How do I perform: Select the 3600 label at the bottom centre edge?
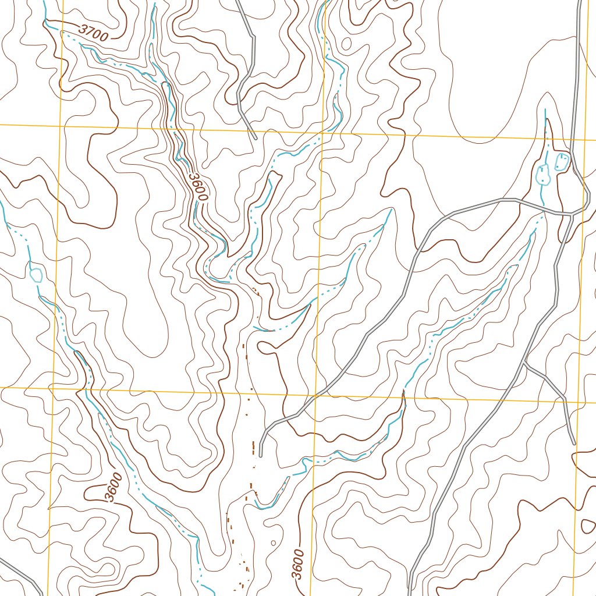click(x=298, y=564)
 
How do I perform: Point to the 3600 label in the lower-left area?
click(x=114, y=488)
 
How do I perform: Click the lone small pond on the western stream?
click(x=36, y=274)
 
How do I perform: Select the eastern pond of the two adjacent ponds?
click(x=562, y=161)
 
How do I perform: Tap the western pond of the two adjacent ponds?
click(x=544, y=174)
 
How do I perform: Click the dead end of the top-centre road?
click(x=256, y=139)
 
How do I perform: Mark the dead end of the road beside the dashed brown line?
click(x=261, y=456)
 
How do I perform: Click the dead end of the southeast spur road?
click(x=574, y=444)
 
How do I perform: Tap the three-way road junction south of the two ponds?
click(x=570, y=214)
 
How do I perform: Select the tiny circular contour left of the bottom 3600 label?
click(x=274, y=542)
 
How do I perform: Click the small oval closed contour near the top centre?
click(x=347, y=43)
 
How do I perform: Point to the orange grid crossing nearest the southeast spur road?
click(x=580, y=402)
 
